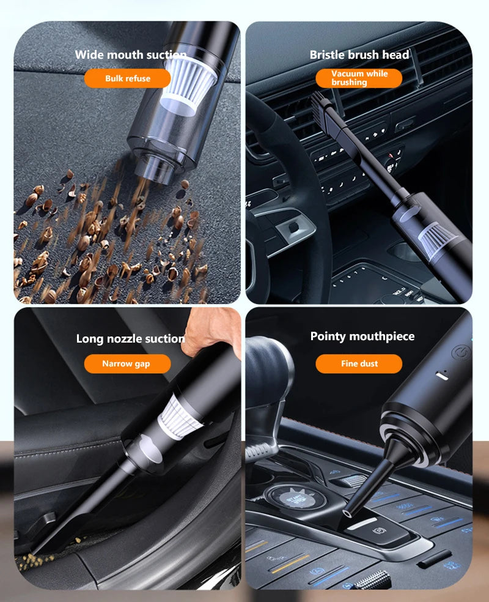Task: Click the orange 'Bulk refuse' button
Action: (127, 78)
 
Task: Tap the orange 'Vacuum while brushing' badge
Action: (359, 78)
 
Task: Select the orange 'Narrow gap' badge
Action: (126, 363)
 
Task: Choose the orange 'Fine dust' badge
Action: (359, 363)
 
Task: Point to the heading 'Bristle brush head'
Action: (359, 54)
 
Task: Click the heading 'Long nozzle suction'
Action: (130, 338)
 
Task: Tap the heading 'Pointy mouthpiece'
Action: (362, 336)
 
